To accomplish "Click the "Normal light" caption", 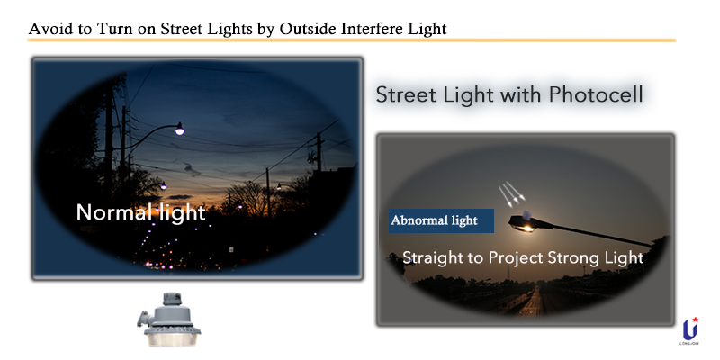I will tap(140, 213).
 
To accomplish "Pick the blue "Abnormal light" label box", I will tap(441, 220).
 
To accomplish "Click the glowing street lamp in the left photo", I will tap(178, 131).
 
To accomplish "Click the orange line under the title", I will tap(351, 40).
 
